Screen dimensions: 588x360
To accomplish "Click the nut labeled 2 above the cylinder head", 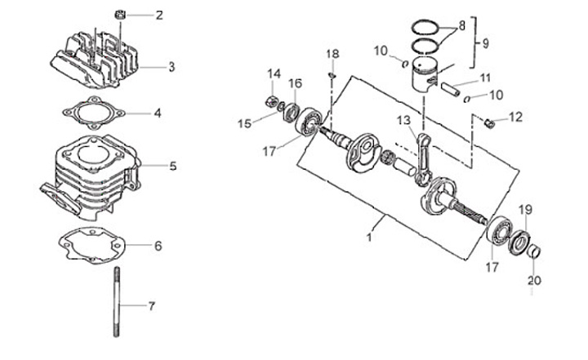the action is click(x=119, y=15).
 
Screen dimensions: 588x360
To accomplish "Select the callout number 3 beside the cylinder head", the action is click(x=171, y=67).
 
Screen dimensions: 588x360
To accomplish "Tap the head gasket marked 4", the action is click(x=94, y=113).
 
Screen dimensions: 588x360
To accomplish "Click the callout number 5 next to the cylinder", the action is click(x=172, y=166).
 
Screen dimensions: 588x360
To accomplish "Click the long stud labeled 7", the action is click(x=117, y=301).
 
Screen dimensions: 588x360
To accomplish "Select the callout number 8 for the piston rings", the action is click(x=461, y=26).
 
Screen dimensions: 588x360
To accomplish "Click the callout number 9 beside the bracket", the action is click(x=485, y=43).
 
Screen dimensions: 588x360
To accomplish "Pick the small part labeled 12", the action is click(x=488, y=122).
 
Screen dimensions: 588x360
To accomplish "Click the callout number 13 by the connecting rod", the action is click(x=404, y=120).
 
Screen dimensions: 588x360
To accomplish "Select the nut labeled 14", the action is click(x=272, y=101).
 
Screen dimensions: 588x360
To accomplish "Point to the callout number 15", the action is click(x=244, y=123).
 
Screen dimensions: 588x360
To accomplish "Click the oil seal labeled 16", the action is click(x=292, y=112).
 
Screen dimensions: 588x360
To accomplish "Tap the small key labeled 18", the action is click(x=332, y=76).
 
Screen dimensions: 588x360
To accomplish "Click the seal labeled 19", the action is click(x=520, y=242).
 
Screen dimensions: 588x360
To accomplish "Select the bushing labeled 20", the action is click(x=533, y=251).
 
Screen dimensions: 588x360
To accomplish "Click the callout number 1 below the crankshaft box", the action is click(x=369, y=237).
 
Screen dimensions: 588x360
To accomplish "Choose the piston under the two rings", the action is click(x=424, y=74).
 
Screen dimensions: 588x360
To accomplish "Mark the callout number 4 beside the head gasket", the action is click(x=158, y=113).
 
